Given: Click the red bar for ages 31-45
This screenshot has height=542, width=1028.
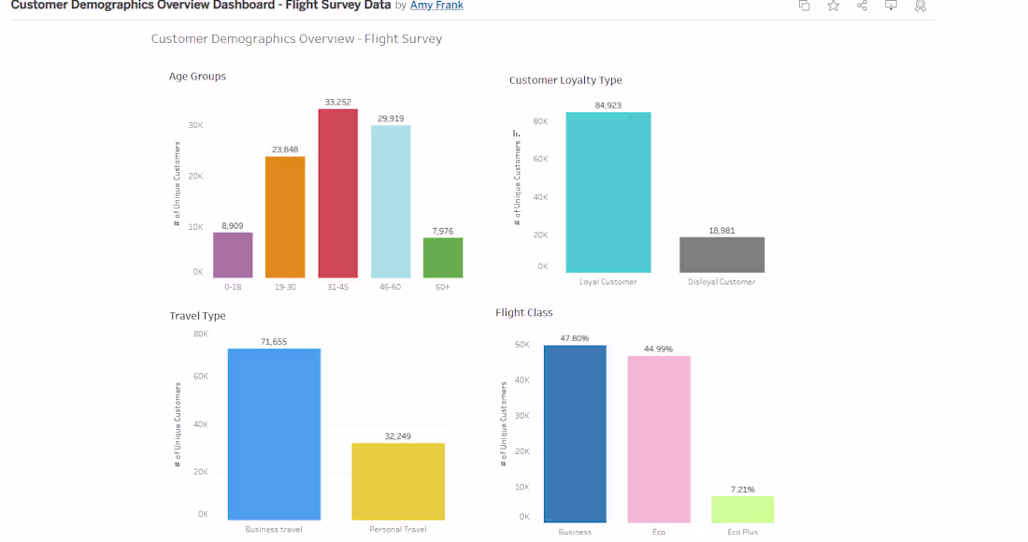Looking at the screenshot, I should point(337,193).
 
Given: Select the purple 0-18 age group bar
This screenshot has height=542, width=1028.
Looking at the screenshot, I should point(233,255).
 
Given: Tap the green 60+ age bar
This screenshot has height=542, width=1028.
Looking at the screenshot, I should point(442,258).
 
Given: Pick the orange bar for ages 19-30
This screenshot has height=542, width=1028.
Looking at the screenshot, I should point(285,217).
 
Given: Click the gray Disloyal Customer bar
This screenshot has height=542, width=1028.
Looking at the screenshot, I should point(721,254).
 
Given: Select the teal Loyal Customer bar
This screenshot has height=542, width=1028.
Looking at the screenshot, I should point(607,193).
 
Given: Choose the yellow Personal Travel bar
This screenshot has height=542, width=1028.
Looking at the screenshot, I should point(398,481).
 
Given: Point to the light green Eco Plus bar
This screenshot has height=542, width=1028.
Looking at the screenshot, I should point(742,509).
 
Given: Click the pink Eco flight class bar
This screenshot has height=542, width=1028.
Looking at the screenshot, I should point(659,439).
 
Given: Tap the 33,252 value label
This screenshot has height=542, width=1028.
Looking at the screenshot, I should point(337,102).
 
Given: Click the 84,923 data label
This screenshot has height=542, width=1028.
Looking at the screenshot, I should point(607,105).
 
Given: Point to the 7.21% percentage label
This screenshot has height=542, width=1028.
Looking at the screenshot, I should point(742,489).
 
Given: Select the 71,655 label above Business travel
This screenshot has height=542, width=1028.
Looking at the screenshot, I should point(274,342).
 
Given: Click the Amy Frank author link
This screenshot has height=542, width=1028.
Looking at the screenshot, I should point(436,6).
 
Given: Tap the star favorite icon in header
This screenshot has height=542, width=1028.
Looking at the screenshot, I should point(833,6).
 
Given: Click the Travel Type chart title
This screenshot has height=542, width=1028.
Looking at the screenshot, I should point(197,316).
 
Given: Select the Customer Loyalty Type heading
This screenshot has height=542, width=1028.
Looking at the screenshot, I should point(565,80).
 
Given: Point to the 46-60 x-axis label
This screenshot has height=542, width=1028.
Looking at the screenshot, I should point(390,287).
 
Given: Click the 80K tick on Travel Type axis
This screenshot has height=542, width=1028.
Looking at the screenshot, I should point(200,334).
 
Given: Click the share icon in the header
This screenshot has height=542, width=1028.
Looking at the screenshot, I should point(862,6).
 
